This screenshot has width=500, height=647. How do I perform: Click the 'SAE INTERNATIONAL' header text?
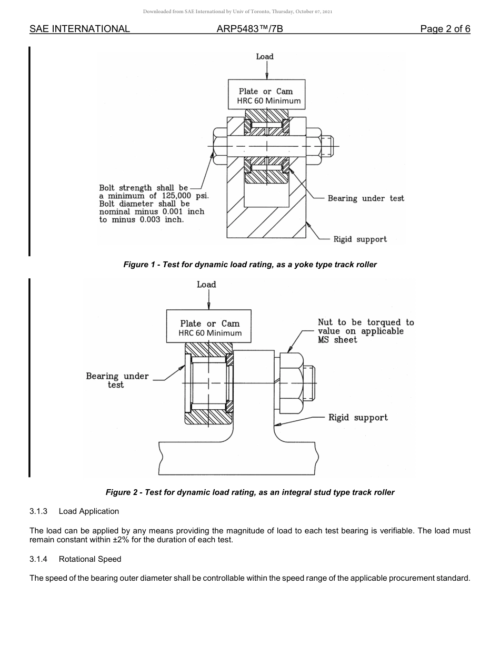[x=79, y=29]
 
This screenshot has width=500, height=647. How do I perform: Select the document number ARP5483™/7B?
[x=249, y=29]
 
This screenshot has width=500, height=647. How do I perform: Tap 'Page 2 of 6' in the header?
[x=445, y=29]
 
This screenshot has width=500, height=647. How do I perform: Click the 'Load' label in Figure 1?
[x=265, y=56]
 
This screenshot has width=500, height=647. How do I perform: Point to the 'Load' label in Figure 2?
[x=206, y=285]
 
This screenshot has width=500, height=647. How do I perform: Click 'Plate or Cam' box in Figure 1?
[x=266, y=91]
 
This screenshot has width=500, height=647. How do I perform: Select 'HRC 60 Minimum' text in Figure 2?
[x=210, y=333]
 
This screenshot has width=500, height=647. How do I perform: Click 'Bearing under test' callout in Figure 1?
[x=366, y=198]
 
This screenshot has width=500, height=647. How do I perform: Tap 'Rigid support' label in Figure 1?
[x=360, y=239]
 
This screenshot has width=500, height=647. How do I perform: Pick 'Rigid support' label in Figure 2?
[x=358, y=418]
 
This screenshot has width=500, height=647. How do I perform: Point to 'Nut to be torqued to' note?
[x=366, y=322]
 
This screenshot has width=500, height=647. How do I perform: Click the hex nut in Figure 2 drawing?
[x=291, y=383]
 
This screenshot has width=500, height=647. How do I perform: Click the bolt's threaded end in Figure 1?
[x=328, y=146]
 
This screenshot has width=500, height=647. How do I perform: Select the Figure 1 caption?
[x=250, y=265]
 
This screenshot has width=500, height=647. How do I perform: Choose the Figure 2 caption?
[x=250, y=492]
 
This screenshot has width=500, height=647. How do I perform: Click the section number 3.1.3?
[x=38, y=511]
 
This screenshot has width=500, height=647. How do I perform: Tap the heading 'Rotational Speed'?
[x=90, y=559]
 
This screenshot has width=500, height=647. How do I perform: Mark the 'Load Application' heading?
[x=89, y=511]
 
